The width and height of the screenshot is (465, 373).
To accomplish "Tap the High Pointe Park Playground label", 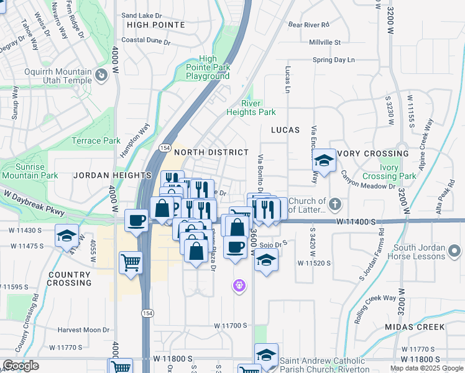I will tap(208, 67).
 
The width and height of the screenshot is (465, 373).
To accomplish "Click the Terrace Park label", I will tap(96, 140).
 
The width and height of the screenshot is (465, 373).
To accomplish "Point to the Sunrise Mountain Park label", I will tap(22, 171).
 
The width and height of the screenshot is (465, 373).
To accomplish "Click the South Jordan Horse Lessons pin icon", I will tap(455, 251).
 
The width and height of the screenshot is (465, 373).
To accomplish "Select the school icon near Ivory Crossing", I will tap(323, 160).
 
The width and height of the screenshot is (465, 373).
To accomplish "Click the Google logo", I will tap(21, 366).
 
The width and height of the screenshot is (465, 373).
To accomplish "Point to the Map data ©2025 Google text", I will tap(426, 368).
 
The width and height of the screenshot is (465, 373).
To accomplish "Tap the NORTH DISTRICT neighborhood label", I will tap(211, 152).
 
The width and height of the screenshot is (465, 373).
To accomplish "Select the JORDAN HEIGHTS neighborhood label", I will tap(104, 176).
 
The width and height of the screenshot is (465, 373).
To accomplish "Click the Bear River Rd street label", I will tap(308, 25).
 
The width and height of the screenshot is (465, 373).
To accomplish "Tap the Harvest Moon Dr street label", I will tap(83, 329).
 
